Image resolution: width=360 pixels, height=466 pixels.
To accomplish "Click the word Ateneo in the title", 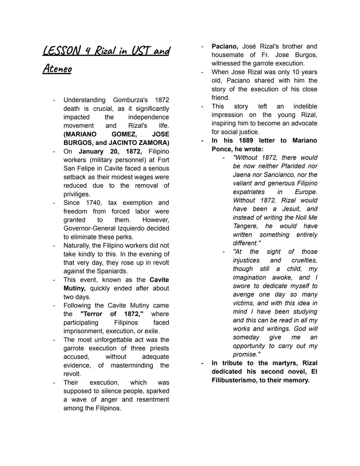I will point(57,69).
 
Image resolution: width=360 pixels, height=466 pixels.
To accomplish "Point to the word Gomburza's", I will point(130,100).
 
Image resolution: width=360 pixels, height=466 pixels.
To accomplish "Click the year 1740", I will point(93,203).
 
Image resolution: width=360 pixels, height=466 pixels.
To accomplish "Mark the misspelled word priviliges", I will point(77,194).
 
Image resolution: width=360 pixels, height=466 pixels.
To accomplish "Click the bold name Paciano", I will point(225,46).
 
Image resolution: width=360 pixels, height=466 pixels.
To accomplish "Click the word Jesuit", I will point(291,209).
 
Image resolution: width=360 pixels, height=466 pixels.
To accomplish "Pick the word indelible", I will point(305,106).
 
